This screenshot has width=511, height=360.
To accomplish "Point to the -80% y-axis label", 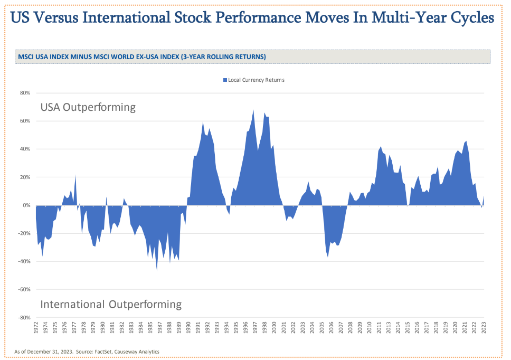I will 25,318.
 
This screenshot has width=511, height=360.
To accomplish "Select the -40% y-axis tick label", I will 25,261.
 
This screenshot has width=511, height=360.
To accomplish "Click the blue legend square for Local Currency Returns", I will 225,80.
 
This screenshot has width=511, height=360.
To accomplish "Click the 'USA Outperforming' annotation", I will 88,107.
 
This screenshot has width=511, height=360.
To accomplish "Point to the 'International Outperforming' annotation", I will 111,305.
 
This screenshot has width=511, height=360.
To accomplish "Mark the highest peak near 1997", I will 253,110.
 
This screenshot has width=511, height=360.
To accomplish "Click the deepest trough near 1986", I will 157,270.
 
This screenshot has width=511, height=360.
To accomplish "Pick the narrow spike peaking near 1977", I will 75,175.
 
